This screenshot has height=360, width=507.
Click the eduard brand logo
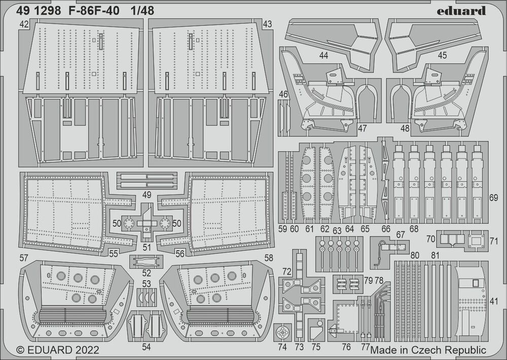pyautogui.click(x=461, y=11)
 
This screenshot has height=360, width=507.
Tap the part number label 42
pyautogui.click(x=24, y=24)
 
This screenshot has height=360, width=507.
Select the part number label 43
pyautogui.click(x=267, y=24)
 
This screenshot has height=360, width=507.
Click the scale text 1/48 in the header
pyautogui.click(x=142, y=11)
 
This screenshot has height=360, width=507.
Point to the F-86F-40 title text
pyautogui.click(x=94, y=11)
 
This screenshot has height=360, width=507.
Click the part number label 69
pyautogui.click(x=493, y=198)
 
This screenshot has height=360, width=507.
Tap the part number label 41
pyautogui.click(x=494, y=301)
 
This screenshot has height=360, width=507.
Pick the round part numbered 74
pyautogui.click(x=282, y=332)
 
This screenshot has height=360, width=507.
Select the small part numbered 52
pyautogui.click(x=146, y=261)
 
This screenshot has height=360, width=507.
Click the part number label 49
pyautogui.click(x=147, y=195)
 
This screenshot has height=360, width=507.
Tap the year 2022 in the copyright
pyautogui.click(x=87, y=350)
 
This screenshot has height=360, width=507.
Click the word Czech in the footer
pyautogui.click(x=427, y=350)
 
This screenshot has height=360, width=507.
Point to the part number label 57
pyautogui.click(x=24, y=258)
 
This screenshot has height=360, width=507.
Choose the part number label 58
pyautogui.click(x=269, y=258)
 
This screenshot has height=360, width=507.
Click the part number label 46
pyautogui.click(x=283, y=94)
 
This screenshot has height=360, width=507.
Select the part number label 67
pyautogui.click(x=401, y=234)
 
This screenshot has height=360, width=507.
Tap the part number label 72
pyautogui.click(x=287, y=271)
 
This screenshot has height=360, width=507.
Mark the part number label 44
pyautogui.click(x=323, y=56)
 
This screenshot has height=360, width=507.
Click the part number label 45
pyautogui.click(x=442, y=55)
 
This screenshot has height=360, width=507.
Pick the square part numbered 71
pyautogui.click(x=476, y=241)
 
